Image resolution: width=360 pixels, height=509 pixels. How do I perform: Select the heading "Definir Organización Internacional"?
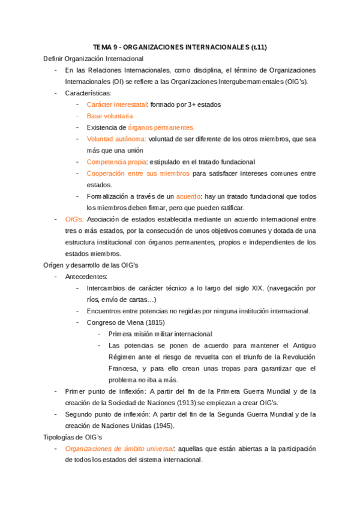tap(94, 59)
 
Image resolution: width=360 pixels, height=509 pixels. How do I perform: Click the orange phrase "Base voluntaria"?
tap(110, 116)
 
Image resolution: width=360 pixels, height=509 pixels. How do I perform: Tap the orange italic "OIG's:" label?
tap(75, 220)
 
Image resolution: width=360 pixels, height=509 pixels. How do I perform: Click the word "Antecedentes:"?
tap(86, 277)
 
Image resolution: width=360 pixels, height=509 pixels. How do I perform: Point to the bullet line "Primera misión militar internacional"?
tap(160, 334)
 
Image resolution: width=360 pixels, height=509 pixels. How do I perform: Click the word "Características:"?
tap(88, 93)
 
